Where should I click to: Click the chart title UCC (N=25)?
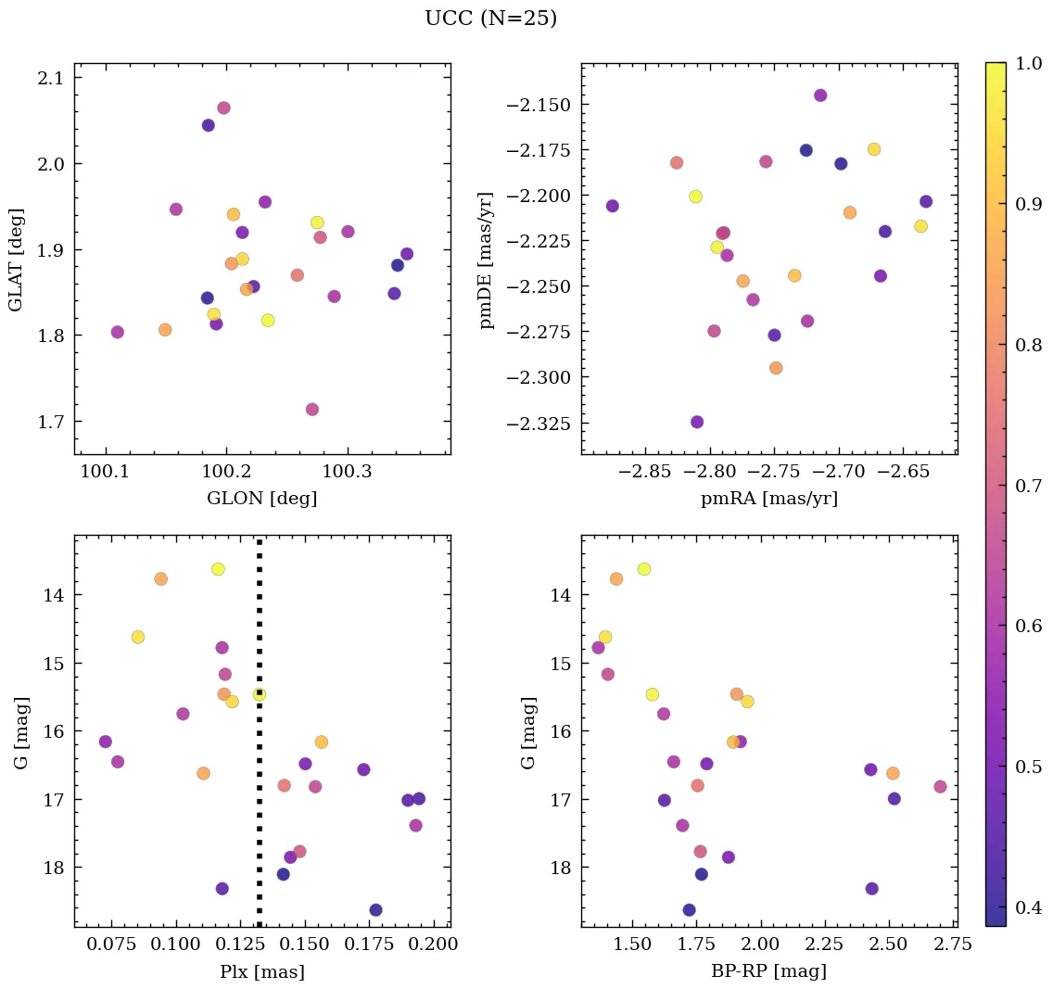[x=490, y=19]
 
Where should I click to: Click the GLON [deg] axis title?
[x=261, y=499]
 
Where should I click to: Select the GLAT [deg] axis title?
[x=16, y=260]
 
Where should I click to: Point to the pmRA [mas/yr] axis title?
[x=768, y=499]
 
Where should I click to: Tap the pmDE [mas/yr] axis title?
[x=486, y=260]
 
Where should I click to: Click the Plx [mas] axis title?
[x=261, y=971]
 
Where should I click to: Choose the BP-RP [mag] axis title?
[x=768, y=971]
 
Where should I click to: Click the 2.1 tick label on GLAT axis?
[x=51, y=78]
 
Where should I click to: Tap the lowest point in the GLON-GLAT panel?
[x=312, y=410]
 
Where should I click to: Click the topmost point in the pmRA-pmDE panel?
[x=820, y=95]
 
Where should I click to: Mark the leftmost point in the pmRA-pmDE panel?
[x=613, y=206]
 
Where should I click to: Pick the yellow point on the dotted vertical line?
[x=260, y=694]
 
